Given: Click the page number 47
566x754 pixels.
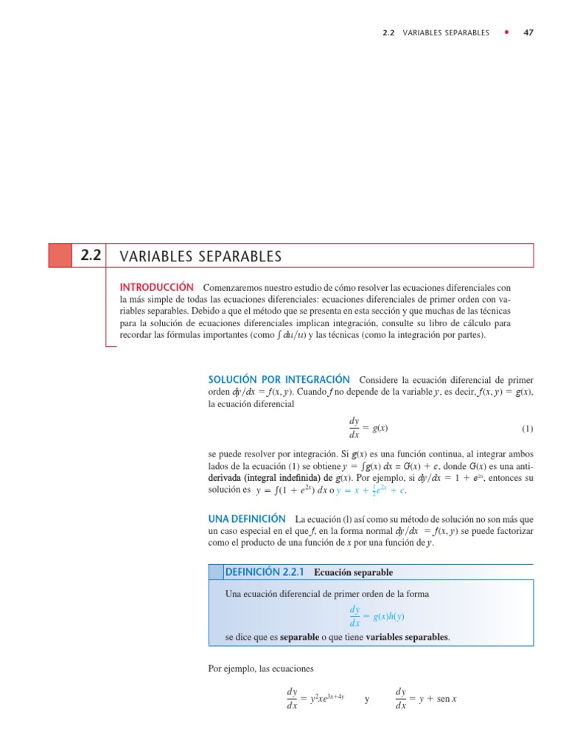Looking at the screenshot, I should [528, 32].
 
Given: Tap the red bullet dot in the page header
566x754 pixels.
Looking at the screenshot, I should [506, 32].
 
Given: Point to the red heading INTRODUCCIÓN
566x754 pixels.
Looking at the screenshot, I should [156, 286].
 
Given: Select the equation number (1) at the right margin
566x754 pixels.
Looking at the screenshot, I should [527, 429].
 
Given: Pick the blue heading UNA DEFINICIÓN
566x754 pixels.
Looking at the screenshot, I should [247, 519].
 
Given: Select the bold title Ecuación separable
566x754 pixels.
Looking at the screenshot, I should [353, 572].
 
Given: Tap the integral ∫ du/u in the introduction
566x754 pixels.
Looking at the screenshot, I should [290, 335].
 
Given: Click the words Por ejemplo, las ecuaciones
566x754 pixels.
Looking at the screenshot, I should [262, 669].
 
